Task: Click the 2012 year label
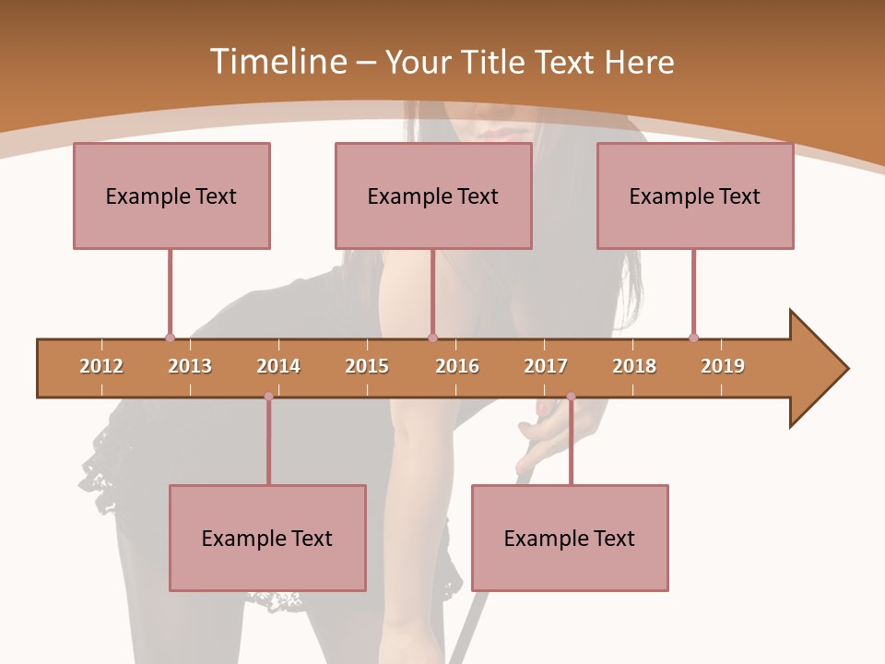[x=101, y=366]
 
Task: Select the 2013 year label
[x=190, y=366]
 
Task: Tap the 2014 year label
[x=278, y=366]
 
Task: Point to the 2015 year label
[x=367, y=366]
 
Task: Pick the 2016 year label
[x=457, y=366]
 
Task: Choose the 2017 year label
[x=546, y=366]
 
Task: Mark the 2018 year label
[x=634, y=366]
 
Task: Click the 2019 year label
[x=723, y=366]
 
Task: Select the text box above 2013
[x=171, y=196]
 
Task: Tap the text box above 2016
[x=433, y=196]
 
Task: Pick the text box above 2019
[x=695, y=196]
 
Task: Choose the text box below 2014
[x=267, y=538]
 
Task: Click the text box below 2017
[x=570, y=538]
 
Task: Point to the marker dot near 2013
[x=170, y=338]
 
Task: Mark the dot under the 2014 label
[x=268, y=397]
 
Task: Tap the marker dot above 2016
[x=432, y=338]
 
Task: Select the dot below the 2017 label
[x=571, y=397]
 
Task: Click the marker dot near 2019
[x=693, y=338]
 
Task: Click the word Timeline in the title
[x=277, y=62]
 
